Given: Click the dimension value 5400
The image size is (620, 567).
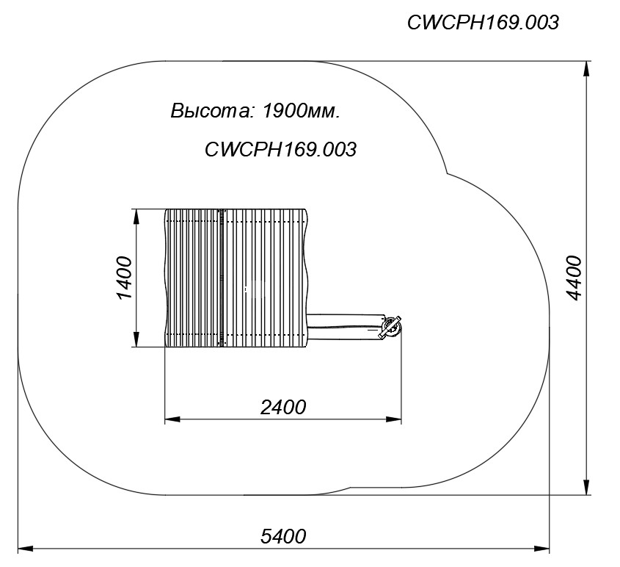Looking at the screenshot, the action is tap(283, 537).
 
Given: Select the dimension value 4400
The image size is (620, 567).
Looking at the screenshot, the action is tap(574, 278).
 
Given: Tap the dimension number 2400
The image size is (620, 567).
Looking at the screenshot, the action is tap(283, 407).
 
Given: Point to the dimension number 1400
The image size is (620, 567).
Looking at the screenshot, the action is tap(124, 278).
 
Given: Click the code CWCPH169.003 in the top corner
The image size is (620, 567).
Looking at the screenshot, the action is tap(483, 23).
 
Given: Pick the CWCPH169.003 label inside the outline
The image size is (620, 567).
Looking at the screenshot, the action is tap(280, 150).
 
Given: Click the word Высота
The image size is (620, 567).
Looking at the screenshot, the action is tap(211, 111).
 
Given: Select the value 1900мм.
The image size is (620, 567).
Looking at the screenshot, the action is tap(301, 111).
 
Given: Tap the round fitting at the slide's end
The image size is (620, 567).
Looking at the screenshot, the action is tap(390, 328).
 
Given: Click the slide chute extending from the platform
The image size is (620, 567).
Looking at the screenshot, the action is tap(345, 327).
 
